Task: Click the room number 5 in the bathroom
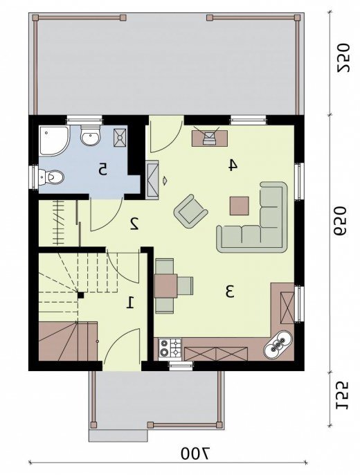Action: pos(102,169)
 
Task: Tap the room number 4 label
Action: pos(233,165)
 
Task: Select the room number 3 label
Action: pos(230,292)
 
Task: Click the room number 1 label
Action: pos(130,303)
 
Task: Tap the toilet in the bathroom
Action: pos(51,177)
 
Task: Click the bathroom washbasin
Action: pos(90,136)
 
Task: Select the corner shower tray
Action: pos(54,141)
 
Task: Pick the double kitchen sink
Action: pos(278,344)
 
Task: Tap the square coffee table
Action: pos(240,206)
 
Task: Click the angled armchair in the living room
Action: pos(190,211)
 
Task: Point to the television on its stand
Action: pos(210,138)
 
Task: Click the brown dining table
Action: pos(165,286)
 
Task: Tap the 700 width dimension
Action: pos(195,454)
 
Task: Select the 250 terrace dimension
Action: pos(343,58)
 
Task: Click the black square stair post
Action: pos(81,295)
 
